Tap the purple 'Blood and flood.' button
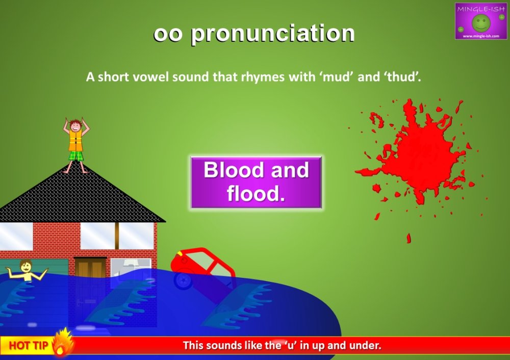coord(256,182)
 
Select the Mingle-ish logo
coord(480,21)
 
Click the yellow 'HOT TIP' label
coord(29,346)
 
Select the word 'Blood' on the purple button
coord(234,170)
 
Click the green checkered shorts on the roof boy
coord(76,155)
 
